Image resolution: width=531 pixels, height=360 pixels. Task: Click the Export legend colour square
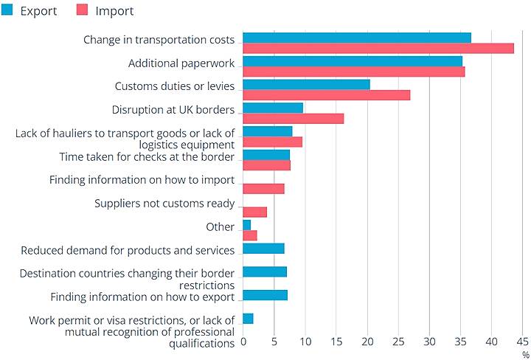(7, 10)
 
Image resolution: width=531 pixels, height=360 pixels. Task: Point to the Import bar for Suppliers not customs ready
(254, 212)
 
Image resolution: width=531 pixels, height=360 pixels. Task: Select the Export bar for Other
(246, 224)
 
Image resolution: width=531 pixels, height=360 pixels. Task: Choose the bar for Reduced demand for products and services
(263, 248)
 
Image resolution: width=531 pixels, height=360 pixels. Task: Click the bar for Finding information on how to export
(265, 295)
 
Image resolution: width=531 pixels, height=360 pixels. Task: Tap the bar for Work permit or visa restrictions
(248, 319)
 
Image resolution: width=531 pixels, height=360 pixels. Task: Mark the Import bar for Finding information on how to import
(263, 189)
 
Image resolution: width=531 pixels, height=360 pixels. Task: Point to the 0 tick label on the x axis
(243, 342)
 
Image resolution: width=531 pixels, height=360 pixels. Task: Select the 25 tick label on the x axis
(398, 342)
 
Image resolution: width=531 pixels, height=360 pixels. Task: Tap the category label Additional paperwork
(181, 63)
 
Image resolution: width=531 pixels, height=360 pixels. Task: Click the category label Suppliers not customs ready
(164, 204)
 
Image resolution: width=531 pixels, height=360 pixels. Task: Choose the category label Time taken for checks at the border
(147, 156)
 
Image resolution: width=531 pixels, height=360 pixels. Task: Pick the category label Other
(221, 227)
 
